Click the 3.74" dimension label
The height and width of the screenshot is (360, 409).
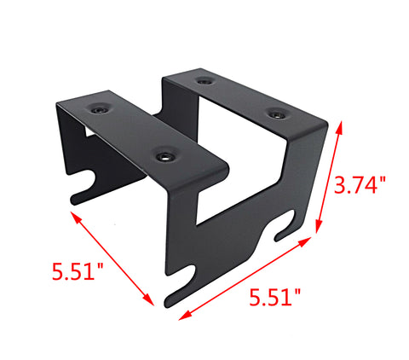360,185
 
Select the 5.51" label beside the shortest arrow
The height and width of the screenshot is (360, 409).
78,271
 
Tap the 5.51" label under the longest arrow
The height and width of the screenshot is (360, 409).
274,297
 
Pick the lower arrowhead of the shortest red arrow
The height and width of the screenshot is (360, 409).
149,300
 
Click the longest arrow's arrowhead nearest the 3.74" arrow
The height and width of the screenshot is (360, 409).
305,241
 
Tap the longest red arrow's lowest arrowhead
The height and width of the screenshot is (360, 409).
185,316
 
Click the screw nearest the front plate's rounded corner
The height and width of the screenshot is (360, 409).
164,156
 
